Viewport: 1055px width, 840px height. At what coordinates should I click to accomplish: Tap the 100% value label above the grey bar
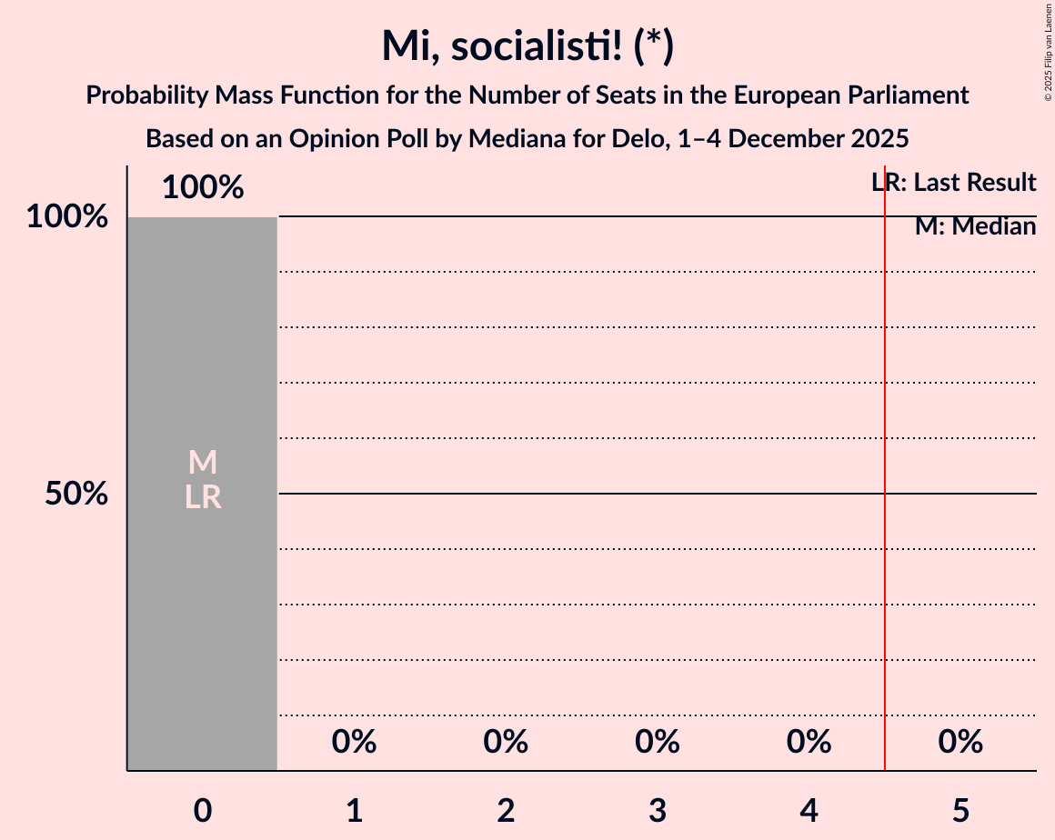pyautogui.click(x=203, y=188)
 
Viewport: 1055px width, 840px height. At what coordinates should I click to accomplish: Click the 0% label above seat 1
pyautogui.click(x=354, y=743)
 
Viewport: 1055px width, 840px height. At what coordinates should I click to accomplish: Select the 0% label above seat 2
pyautogui.click(x=506, y=743)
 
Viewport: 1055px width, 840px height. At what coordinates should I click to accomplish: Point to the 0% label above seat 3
pyautogui.click(x=658, y=743)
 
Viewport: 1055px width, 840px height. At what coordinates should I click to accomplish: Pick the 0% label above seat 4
pyautogui.click(x=809, y=743)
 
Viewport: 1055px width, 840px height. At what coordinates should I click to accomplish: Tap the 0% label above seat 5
pyautogui.click(x=960, y=743)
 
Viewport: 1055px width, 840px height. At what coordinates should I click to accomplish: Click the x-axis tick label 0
pyautogui.click(x=203, y=811)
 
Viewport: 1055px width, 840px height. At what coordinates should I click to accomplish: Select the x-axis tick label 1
pyautogui.click(x=354, y=811)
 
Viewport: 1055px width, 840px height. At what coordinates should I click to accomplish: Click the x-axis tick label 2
pyautogui.click(x=506, y=811)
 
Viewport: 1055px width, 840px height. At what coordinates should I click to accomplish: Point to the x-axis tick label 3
pyautogui.click(x=658, y=811)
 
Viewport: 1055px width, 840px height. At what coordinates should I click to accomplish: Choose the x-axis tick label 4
pyautogui.click(x=809, y=811)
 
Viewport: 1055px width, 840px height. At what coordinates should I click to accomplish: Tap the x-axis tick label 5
pyautogui.click(x=960, y=811)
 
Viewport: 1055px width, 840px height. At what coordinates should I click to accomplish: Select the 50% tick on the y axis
pyautogui.click(x=76, y=495)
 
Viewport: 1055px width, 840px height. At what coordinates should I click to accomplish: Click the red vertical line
pyautogui.click(x=885, y=545)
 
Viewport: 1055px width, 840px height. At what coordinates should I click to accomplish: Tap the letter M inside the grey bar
pyautogui.click(x=203, y=463)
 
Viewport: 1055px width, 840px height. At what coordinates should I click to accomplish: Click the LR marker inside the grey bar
pyautogui.click(x=203, y=497)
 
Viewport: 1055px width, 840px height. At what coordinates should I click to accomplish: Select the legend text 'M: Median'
pyautogui.click(x=975, y=226)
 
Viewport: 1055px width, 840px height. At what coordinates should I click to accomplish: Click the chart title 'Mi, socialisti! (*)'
pyautogui.click(x=527, y=46)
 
